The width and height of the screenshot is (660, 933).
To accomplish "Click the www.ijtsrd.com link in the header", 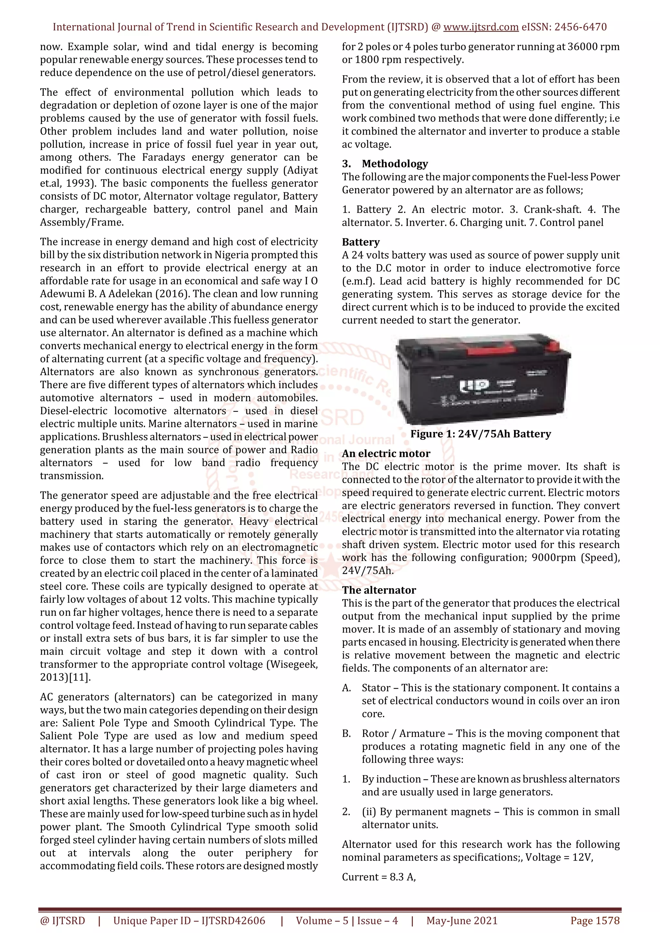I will click(480, 27).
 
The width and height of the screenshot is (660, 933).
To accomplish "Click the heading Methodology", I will click(395, 164).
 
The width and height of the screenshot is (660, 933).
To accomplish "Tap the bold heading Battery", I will click(361, 242).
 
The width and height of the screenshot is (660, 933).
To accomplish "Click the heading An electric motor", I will click(386, 454).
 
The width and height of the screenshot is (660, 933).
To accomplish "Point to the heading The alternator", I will click(379, 590).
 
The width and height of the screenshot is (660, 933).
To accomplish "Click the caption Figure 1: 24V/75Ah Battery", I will click(480, 434).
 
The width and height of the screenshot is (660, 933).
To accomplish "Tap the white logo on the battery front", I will click(470, 386).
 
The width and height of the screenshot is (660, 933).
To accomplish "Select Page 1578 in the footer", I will click(595, 920).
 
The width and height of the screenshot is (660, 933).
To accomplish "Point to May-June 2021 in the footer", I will click(462, 920).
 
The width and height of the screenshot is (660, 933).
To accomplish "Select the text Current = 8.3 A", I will click(378, 877).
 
